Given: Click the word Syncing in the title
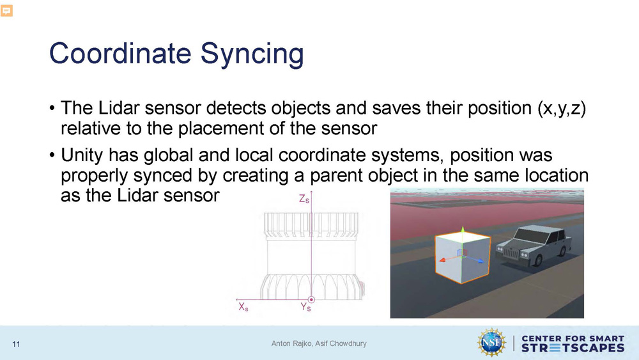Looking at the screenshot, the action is tap(252, 54).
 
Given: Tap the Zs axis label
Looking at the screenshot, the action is tap(304, 199).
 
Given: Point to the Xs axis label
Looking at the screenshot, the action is tap(243, 306).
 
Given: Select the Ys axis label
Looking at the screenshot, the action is tap(305, 307).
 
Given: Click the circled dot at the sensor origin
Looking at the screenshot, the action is tap(311, 300).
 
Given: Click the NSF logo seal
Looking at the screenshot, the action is tap(492, 343).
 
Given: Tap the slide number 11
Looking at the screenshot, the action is tap(16, 345).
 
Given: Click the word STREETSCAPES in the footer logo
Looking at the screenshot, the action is tap(573, 348).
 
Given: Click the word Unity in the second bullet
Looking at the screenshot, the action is tap(81, 155).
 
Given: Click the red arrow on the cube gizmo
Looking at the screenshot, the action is tap(447, 258).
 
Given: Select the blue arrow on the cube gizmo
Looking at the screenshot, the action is tap(475, 258).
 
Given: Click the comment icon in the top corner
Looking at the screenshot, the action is tap(6, 11).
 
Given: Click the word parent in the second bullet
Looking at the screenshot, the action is tap(335, 176).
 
